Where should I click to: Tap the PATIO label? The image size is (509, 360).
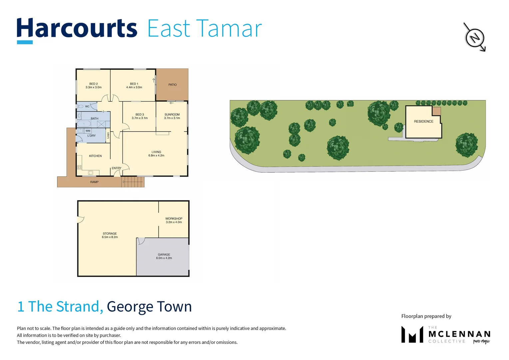coord(173,85)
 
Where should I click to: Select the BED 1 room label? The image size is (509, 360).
coord(134,84)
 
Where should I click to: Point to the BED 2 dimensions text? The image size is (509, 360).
coord(93,87)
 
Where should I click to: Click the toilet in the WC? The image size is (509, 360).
coord(80,106)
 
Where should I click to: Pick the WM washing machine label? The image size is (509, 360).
coord(88,131)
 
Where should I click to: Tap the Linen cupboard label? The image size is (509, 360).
coord(108,135)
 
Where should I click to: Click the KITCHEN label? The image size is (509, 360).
coord(95,156)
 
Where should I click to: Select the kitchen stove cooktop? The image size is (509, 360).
coord(79,167)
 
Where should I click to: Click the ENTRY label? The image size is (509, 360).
coord(116,168)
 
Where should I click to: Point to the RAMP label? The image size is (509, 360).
coord(94,182)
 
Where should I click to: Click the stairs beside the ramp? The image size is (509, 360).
coord(133,182)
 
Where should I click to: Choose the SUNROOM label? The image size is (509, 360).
coord(172,114)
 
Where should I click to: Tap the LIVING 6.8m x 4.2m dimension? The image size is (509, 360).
coord(156,156)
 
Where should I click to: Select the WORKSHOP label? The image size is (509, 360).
coord(174,219)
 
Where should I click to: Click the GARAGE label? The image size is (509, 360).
coord(164,254)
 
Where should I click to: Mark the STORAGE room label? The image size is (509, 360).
coord(110,234)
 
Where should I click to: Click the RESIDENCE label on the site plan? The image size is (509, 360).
coord(424,121)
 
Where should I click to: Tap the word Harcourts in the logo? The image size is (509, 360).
coord(77,28)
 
